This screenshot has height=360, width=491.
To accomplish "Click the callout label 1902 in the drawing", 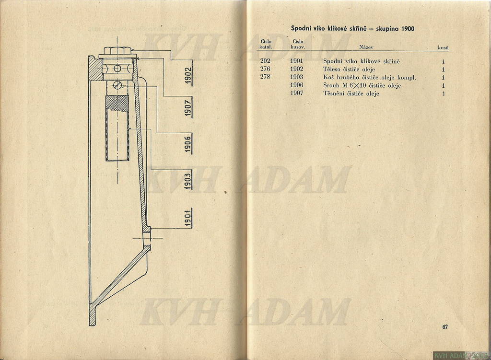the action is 188,75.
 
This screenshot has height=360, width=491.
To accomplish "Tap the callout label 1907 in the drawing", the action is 188,108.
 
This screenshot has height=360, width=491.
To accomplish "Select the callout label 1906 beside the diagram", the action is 188,144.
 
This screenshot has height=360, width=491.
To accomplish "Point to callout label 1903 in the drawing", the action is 188,181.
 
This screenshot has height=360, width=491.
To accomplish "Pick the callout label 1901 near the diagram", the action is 188,218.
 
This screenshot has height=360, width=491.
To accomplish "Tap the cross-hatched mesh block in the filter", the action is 117,104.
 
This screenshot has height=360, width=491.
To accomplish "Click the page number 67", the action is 445,326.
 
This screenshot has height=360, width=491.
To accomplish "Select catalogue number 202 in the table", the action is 265,61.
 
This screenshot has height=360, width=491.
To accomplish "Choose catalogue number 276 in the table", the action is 265,69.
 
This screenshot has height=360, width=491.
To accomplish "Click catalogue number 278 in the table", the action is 265,77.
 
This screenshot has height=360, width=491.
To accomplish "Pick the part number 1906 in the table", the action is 296,85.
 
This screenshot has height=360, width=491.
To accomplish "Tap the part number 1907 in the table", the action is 296,93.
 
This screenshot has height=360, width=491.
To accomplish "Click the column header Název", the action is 366,47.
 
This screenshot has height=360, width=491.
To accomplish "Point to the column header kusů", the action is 443,48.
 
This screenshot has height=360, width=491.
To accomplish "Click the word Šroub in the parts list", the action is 331,85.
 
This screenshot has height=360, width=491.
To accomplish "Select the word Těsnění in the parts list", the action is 334,93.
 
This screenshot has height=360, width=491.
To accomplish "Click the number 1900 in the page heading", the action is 407,29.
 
